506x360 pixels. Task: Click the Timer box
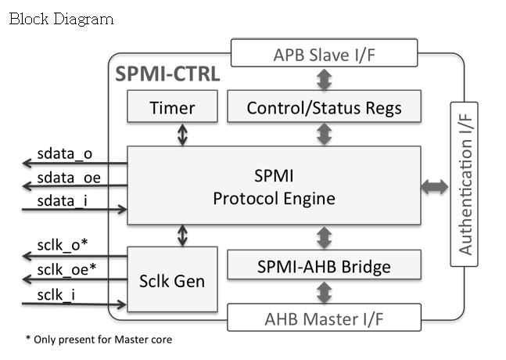point(172,107)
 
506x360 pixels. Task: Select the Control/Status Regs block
point(323,107)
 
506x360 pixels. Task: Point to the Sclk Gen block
point(172,279)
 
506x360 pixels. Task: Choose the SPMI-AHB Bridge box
point(323,266)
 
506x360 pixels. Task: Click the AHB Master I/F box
point(323,319)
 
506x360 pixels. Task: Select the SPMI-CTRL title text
point(167,75)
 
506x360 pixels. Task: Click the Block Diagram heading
point(61,18)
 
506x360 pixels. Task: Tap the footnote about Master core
point(99,339)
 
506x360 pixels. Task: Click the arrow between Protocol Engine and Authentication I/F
point(434,186)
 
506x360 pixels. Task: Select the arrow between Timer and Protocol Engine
point(182,135)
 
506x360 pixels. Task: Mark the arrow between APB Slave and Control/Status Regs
point(323,80)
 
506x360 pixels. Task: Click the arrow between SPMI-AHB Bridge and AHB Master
point(323,293)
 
